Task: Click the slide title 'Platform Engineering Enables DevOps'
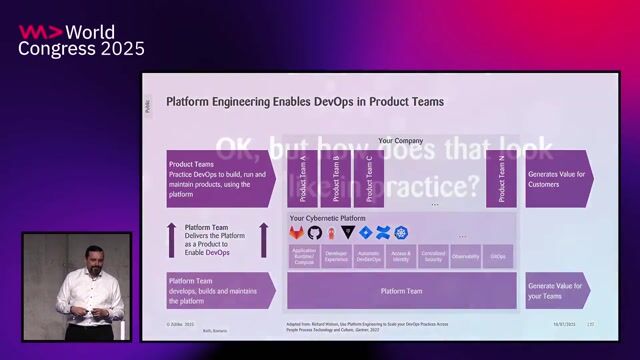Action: click(x=305, y=101)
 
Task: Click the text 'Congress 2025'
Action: click(x=81, y=48)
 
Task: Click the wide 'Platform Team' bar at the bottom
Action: click(x=401, y=291)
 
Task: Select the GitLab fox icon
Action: click(x=298, y=233)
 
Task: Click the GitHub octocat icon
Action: click(x=315, y=233)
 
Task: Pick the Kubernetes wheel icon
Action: click(x=401, y=233)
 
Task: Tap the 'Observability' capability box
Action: click(x=465, y=257)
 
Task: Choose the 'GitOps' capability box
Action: click(x=498, y=257)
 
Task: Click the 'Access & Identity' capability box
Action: click(x=401, y=257)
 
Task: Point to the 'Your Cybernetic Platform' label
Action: click(x=327, y=218)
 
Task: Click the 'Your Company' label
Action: click(x=399, y=141)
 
